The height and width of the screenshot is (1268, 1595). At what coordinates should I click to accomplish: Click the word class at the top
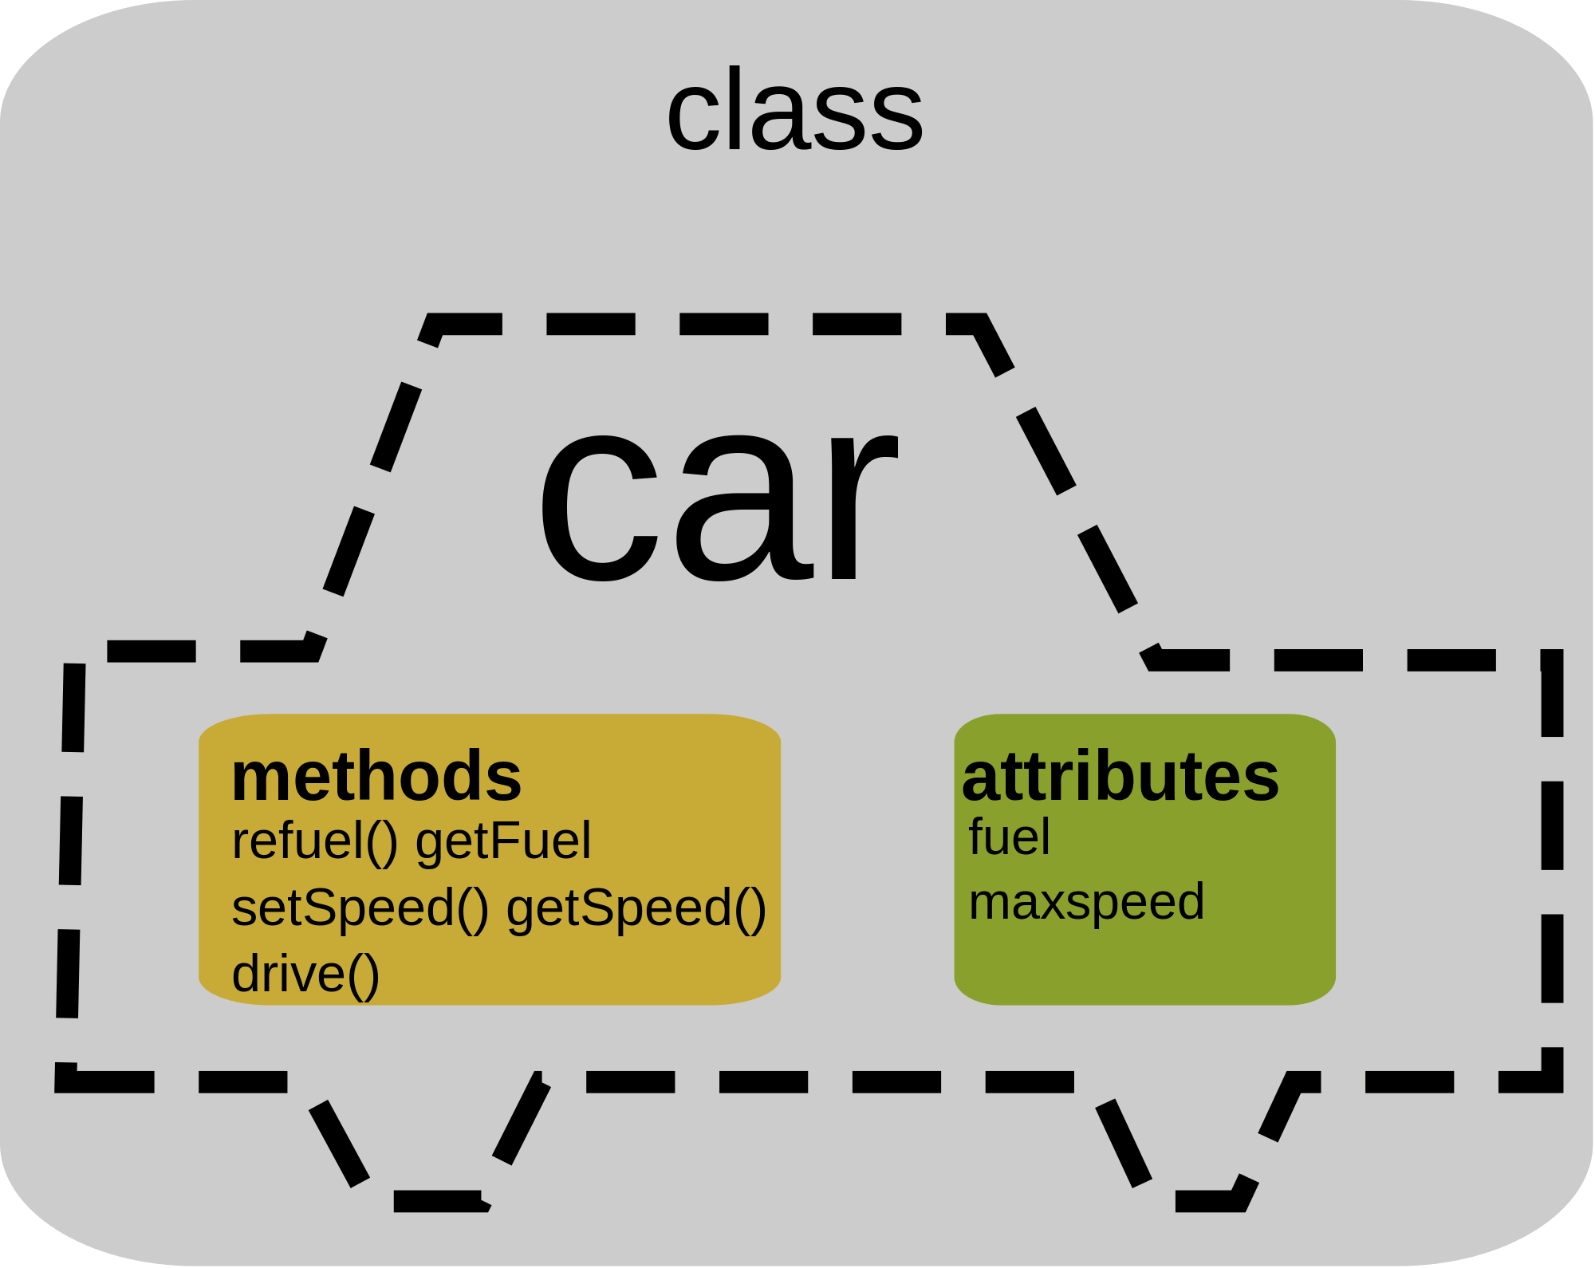coord(794,110)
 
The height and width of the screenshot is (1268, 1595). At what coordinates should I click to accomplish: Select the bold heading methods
coord(376,777)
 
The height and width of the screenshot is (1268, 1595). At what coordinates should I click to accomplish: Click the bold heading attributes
coord(1120,777)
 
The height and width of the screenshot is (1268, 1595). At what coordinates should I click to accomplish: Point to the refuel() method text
coord(314,841)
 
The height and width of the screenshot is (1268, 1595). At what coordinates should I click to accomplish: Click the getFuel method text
coord(503,841)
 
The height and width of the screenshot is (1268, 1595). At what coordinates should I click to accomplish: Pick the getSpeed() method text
coord(636,908)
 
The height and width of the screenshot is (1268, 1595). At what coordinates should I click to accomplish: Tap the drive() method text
coord(305,975)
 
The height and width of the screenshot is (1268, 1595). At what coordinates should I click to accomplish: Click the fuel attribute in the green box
coord(1009,837)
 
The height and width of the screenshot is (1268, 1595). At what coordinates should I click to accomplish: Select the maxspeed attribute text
coord(1086,903)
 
